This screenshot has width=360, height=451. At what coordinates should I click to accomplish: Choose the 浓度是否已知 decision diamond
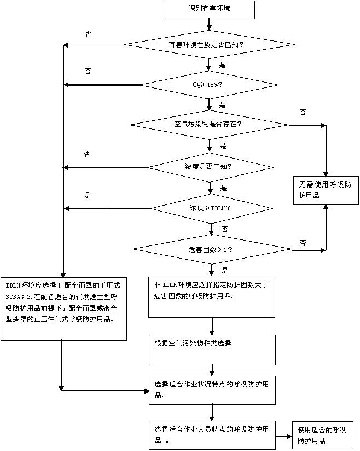210,166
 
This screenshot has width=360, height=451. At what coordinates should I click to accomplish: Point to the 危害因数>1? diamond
211,250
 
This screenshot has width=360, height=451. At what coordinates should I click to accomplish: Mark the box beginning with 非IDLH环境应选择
211,296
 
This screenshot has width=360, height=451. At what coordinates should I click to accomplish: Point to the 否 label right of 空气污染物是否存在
303,112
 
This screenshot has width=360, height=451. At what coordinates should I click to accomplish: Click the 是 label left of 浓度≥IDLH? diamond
87,196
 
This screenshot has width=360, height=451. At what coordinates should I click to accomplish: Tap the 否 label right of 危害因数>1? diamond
303,242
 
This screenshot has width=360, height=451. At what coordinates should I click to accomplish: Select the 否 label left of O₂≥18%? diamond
88,72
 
